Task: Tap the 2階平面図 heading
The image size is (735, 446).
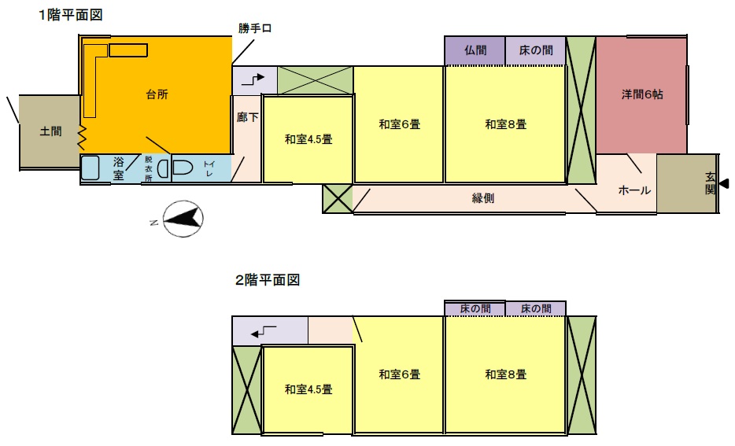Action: [268, 279]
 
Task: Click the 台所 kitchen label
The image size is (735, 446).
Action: [157, 94]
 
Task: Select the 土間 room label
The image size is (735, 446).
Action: [50, 131]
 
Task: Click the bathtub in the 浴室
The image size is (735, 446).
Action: [90, 168]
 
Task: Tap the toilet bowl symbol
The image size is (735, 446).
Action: [183, 168]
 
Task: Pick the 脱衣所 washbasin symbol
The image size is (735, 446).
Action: [162, 168]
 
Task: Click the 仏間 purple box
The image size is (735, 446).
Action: [475, 50]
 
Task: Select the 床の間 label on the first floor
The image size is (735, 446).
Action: [534, 50]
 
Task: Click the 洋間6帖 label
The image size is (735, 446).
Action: [641, 94]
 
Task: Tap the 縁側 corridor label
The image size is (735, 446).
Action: [483, 199]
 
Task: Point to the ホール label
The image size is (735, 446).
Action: [634, 190]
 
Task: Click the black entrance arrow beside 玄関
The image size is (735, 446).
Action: [724, 184]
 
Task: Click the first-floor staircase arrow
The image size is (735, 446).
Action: [254, 79]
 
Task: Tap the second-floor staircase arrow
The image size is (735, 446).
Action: [264, 332]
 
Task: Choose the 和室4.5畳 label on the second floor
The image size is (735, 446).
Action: [308, 389]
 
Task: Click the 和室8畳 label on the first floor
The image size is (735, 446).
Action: [505, 123]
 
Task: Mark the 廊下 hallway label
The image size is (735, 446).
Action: [247, 116]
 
